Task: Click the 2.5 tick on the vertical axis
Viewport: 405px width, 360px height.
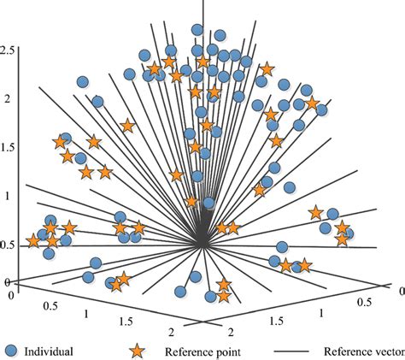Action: pyautogui.click(x=9, y=52)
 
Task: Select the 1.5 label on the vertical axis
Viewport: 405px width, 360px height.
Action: pyautogui.click(x=9, y=147)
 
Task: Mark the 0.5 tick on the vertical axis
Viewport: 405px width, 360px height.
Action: pyautogui.click(x=9, y=245)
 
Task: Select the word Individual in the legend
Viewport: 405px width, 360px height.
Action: pyautogui.click(x=49, y=350)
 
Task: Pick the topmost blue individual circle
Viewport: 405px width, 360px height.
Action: pyautogui.click(x=197, y=30)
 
